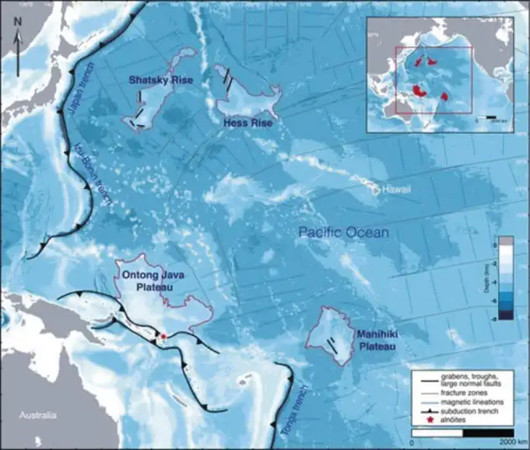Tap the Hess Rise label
pos(245,123)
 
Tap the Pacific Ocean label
pos(344,232)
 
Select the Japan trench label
pos(76,98)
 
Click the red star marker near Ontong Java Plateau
pos(163,337)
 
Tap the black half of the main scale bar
pos(487,431)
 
